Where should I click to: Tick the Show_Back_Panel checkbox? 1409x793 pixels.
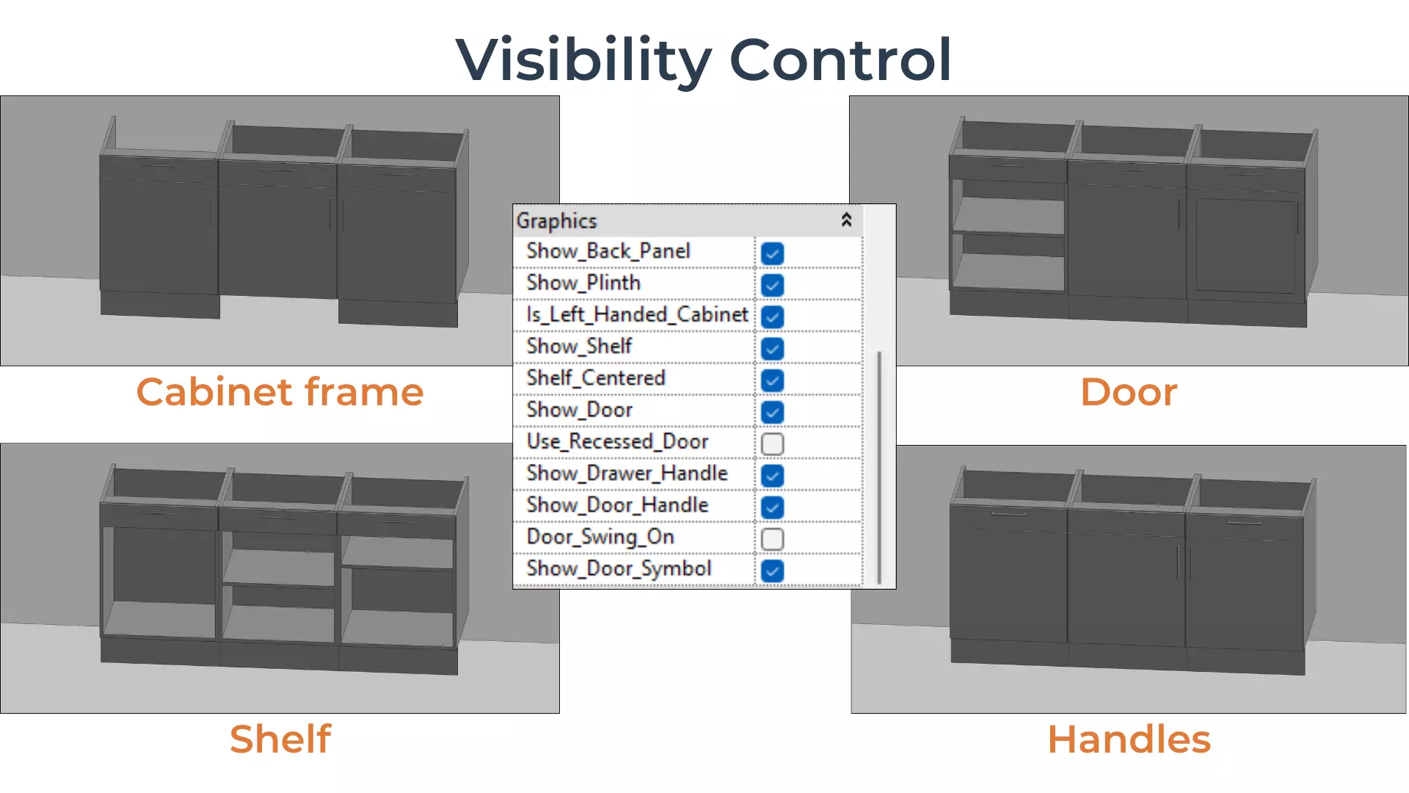(x=772, y=253)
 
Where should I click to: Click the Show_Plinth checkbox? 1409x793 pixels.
(x=772, y=285)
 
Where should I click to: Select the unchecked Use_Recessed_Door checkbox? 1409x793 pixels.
(x=772, y=443)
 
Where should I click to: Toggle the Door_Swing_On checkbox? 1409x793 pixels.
(x=772, y=539)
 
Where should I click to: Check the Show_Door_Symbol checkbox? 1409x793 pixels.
(x=772, y=571)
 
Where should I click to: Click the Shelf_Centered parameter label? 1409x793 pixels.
(x=596, y=378)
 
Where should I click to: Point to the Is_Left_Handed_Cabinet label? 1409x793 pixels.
(x=637, y=315)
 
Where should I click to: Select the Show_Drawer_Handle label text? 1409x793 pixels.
(x=627, y=474)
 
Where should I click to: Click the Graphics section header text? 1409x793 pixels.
(x=557, y=221)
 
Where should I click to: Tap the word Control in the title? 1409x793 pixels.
(x=840, y=59)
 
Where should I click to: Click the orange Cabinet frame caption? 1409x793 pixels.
(x=280, y=391)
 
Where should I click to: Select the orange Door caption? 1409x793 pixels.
(x=1129, y=391)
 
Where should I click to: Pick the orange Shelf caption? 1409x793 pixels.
(x=280, y=739)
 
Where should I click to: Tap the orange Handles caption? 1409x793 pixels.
(x=1129, y=739)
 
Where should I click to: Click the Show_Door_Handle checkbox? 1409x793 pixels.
(x=772, y=507)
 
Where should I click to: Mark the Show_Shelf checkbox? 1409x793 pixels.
(x=772, y=349)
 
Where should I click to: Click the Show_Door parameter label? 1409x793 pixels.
(x=580, y=410)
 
